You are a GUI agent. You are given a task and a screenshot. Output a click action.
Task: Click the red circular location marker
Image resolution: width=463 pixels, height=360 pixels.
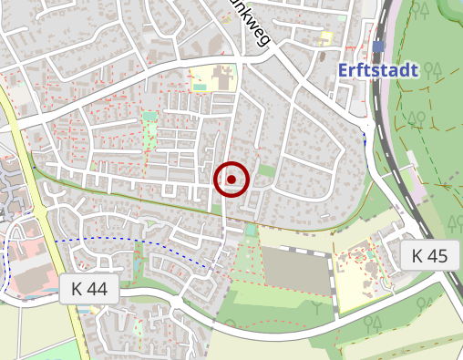click(232, 180)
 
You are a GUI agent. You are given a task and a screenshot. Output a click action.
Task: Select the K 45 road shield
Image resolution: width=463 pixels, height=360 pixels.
click(428, 256)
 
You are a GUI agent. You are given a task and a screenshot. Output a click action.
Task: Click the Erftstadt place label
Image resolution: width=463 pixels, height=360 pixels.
click(377, 69)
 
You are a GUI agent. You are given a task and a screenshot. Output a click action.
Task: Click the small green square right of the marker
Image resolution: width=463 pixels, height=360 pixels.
click(265, 170)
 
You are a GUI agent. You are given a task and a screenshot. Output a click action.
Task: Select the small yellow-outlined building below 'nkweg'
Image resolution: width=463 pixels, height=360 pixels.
click(324, 37)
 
